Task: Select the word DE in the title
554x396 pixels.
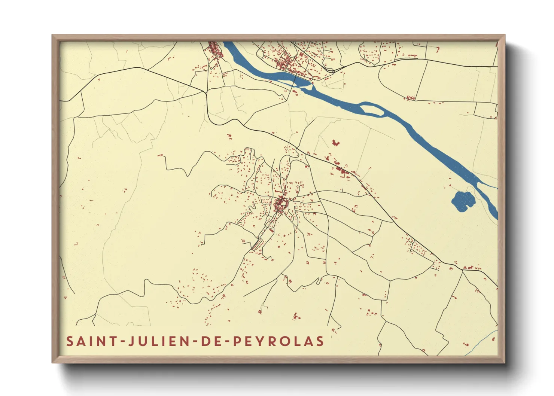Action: pyautogui.click(x=210, y=341)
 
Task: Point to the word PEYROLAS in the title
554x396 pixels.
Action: pyautogui.click(x=278, y=341)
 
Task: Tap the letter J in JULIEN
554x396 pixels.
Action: pyautogui.click(x=132, y=341)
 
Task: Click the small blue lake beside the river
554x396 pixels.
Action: pyautogui.click(x=463, y=202)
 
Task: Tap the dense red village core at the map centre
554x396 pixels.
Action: pyautogui.click(x=280, y=205)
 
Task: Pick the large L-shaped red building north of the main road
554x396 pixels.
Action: pyautogui.click(x=335, y=143)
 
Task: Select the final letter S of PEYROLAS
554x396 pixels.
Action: pyautogui.click(x=320, y=341)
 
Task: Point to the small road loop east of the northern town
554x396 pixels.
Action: pyautogui.click(x=330, y=70)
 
